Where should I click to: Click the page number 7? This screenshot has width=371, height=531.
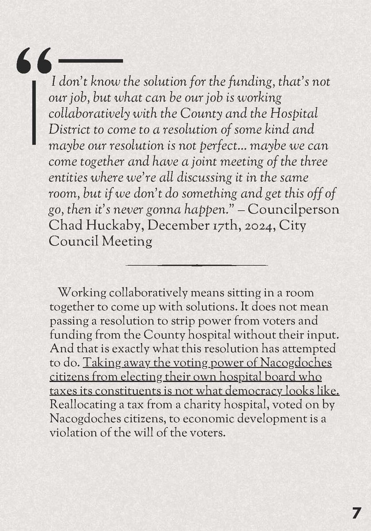356,513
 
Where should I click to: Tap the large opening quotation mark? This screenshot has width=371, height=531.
34,61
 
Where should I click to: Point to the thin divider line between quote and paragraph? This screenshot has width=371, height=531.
197,265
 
